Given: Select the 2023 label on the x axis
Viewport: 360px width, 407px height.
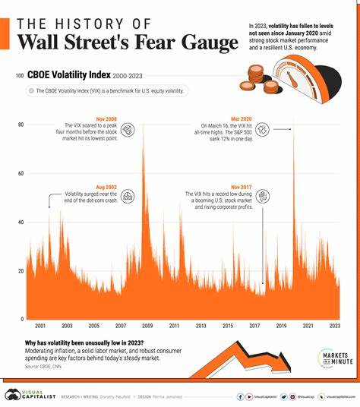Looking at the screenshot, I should (x=335, y=325).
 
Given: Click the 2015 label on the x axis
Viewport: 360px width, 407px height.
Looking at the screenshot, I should (x=227, y=325).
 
